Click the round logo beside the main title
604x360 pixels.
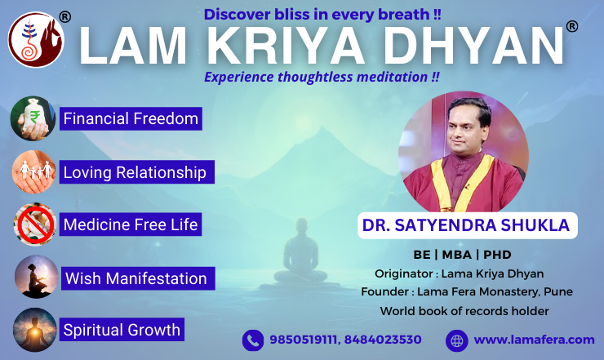(x=36, y=40)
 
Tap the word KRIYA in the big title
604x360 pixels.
(x=286, y=46)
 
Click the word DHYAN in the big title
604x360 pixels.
(x=473, y=46)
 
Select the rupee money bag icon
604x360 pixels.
(x=33, y=118)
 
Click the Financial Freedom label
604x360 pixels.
(x=131, y=118)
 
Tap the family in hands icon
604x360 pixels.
(x=34, y=172)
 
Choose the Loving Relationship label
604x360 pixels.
(x=137, y=172)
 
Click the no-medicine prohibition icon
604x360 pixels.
(x=35, y=224)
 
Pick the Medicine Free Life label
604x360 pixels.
(x=131, y=224)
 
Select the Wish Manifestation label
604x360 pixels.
(x=138, y=278)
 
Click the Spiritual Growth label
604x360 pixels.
(x=122, y=330)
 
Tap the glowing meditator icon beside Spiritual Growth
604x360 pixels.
(x=34, y=330)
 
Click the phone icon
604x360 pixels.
(x=253, y=340)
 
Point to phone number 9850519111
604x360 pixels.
(x=304, y=340)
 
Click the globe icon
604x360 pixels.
(x=457, y=340)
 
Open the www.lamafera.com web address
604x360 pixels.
(x=535, y=340)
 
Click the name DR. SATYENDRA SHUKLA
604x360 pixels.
(x=466, y=225)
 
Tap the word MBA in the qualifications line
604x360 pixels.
(x=457, y=255)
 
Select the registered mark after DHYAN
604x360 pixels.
(x=572, y=26)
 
